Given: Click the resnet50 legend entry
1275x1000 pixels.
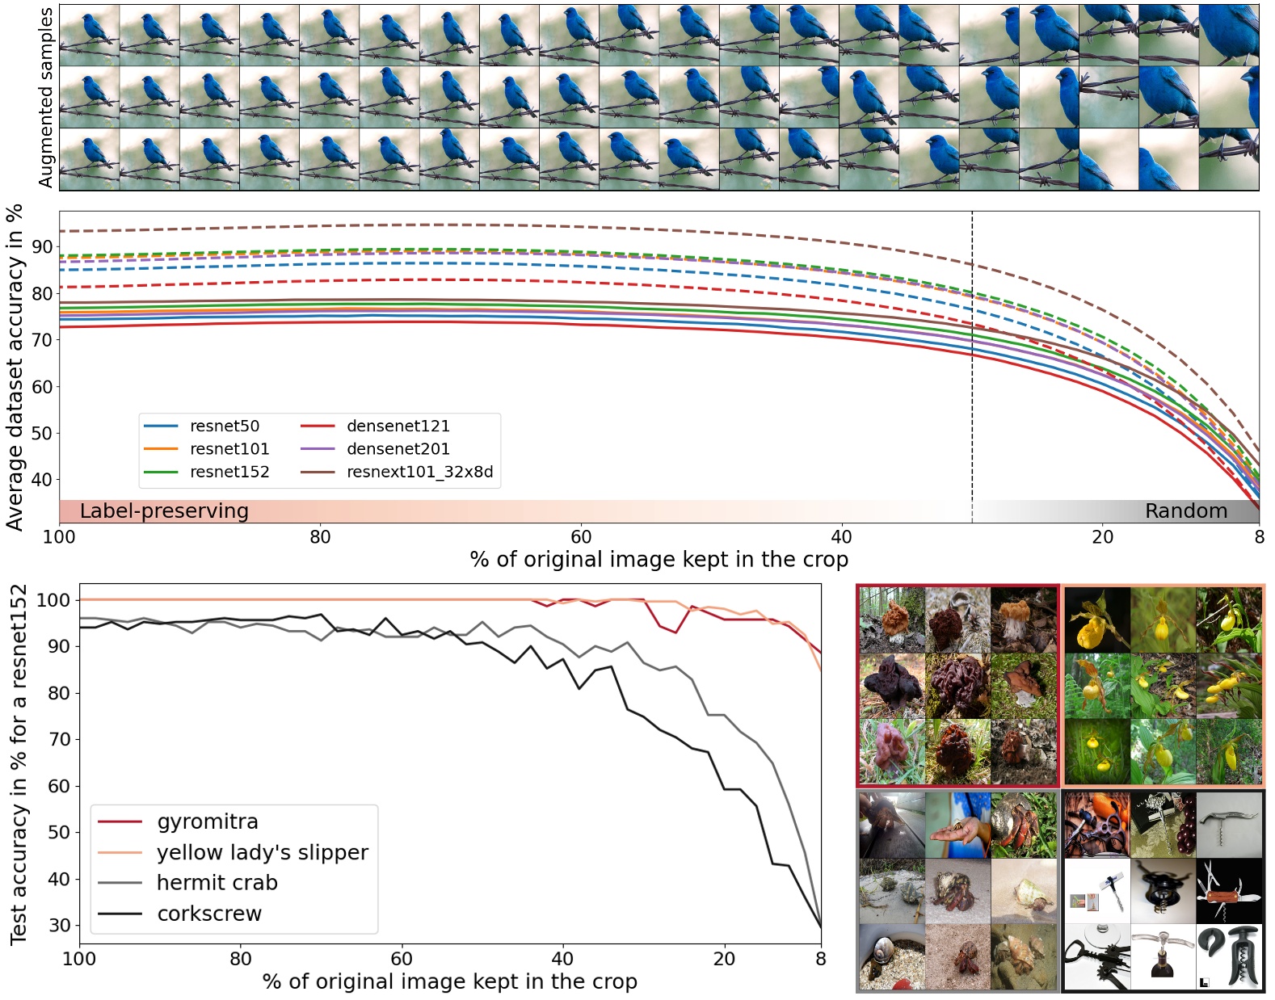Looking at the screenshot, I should point(224,426).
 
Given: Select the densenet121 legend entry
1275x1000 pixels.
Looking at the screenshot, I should point(398,426).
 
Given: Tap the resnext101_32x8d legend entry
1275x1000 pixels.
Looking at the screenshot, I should point(419,472).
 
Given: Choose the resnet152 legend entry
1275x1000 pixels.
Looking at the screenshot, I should point(229,472).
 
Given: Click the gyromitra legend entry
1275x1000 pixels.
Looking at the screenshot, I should point(207,822).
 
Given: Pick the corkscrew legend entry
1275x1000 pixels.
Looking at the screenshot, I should point(208,914).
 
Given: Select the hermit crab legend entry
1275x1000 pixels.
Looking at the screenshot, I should point(217,884).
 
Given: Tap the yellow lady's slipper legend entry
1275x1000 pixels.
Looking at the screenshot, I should point(262,853).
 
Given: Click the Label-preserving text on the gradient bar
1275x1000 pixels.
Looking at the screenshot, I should point(164,511).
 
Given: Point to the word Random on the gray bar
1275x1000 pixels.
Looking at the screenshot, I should point(1185,511).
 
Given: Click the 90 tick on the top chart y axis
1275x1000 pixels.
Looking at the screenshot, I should point(42,247).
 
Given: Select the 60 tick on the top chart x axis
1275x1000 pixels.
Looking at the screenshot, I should point(581,537).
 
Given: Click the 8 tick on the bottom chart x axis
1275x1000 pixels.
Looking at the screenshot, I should point(821,959).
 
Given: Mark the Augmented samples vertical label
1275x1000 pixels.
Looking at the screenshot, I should point(45,97).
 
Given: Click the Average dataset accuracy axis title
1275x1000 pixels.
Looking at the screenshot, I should point(15,368).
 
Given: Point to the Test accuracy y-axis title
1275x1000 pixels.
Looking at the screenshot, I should point(18,764).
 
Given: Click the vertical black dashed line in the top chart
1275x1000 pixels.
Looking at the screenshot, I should point(972,363).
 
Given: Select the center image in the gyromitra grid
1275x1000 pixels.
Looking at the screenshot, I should point(957,686).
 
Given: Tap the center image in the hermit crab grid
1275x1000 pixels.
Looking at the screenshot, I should point(957,891).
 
